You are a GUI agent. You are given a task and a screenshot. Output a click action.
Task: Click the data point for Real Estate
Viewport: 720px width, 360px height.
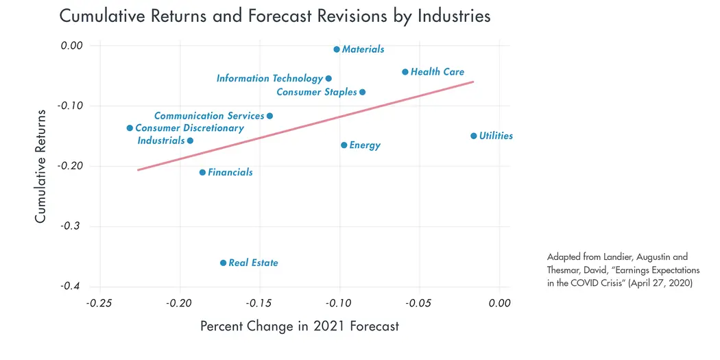point(223,263)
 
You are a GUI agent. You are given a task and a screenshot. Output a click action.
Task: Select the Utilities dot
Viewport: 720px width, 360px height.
point(473,136)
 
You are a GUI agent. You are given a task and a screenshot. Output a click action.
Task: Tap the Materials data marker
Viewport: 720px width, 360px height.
point(336,49)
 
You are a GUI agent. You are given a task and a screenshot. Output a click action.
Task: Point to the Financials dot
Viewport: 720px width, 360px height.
point(202,172)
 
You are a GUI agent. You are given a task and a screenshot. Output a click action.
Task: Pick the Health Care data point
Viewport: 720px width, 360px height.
point(405,72)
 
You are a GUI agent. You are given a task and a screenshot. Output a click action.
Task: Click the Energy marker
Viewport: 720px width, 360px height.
point(344,145)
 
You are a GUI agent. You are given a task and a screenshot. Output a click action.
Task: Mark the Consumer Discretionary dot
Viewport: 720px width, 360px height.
point(130,128)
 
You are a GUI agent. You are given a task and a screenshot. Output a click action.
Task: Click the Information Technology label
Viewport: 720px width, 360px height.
point(269,79)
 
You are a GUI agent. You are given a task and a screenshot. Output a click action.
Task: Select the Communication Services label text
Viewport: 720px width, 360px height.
point(209,116)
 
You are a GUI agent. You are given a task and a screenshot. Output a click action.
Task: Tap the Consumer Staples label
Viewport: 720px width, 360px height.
point(317,92)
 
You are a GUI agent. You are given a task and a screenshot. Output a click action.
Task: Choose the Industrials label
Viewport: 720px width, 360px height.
point(161,141)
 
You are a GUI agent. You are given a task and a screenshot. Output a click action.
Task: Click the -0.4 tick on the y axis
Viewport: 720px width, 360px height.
point(71,286)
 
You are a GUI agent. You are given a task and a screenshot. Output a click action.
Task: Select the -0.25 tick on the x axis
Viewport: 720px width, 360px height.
point(100,303)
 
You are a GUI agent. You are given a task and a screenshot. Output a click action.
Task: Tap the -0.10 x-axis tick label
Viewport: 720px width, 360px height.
point(340,303)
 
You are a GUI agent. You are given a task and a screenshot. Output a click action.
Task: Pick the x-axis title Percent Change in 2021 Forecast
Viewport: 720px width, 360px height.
point(299,326)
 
